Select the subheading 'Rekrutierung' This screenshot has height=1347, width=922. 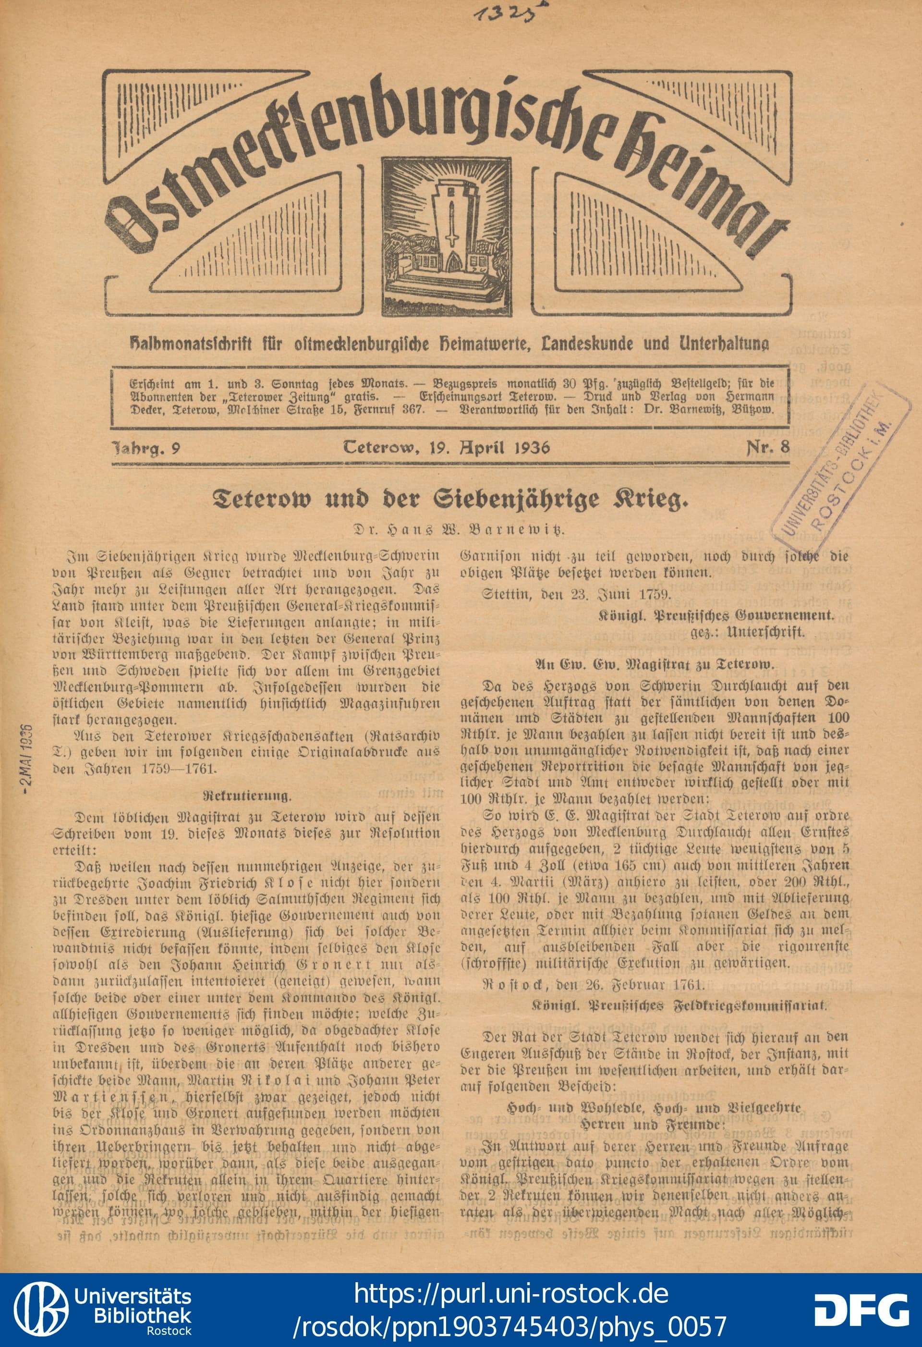[x=247, y=795]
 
